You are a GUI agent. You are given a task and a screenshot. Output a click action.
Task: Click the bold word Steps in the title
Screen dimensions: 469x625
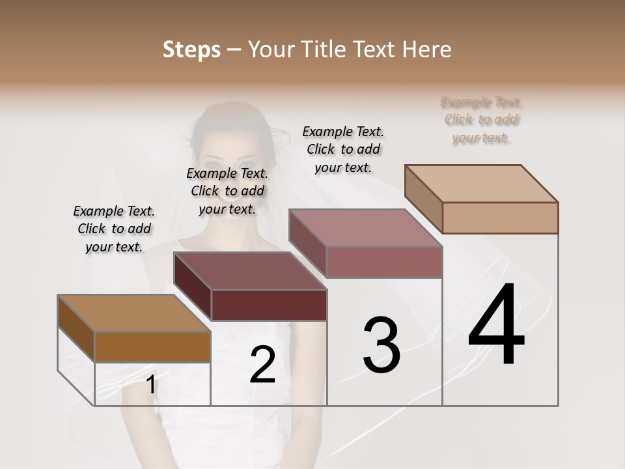[191, 50]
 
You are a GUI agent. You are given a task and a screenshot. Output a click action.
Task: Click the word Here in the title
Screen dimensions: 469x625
[426, 50]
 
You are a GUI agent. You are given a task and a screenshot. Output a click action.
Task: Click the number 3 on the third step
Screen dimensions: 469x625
[382, 345]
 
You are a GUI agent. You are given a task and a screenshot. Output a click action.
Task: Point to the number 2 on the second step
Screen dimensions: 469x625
[262, 365]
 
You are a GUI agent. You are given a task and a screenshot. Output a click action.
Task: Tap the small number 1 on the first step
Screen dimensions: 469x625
[150, 385]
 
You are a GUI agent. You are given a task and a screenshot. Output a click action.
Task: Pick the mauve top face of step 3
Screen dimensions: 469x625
[365, 228]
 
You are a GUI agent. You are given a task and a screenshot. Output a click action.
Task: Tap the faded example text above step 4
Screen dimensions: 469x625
[481, 120]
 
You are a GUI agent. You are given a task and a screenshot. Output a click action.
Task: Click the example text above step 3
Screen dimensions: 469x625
[343, 149]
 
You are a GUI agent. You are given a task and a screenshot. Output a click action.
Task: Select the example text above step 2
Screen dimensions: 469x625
[227, 191]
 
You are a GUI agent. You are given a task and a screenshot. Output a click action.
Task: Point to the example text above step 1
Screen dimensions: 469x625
[114, 229]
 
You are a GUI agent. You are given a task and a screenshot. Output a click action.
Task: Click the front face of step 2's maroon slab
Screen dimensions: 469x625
[269, 305]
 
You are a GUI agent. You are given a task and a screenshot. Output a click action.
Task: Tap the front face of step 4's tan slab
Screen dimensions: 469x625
[500, 218]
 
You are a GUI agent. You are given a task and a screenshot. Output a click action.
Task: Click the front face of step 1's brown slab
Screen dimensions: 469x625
[152, 347]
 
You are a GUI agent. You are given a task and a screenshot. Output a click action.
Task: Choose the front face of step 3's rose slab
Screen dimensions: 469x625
[384, 262]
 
